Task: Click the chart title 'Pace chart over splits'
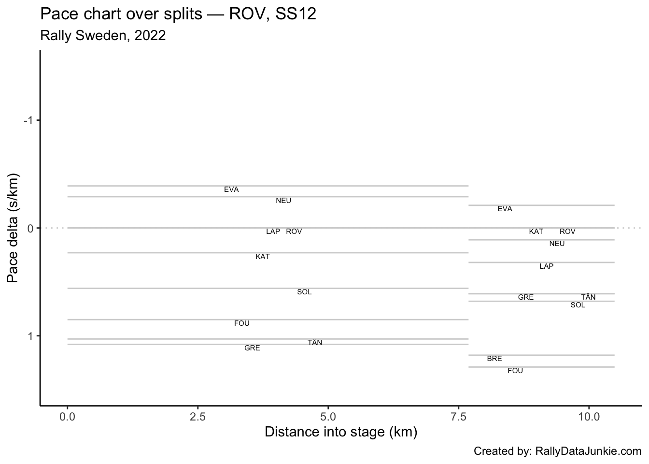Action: coord(178,14)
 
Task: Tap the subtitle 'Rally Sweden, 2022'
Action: coord(103,35)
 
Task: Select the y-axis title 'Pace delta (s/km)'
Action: coord(13,228)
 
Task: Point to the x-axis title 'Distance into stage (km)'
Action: coord(340,432)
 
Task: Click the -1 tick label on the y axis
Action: coord(28,120)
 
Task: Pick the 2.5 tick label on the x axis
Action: coord(198,416)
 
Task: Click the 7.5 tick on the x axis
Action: coord(458,416)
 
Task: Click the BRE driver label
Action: coord(494,359)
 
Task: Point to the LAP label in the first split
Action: coord(273,232)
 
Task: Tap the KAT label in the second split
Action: coord(536,232)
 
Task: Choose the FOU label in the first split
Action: coord(241,323)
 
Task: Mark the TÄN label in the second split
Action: coord(588,297)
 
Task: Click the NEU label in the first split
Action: coord(283,201)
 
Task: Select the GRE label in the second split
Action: coord(525,297)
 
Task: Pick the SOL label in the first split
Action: coord(304,292)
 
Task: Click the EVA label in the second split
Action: coord(505,209)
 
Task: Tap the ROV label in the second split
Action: coord(567,232)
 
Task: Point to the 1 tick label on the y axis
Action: coord(30,336)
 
